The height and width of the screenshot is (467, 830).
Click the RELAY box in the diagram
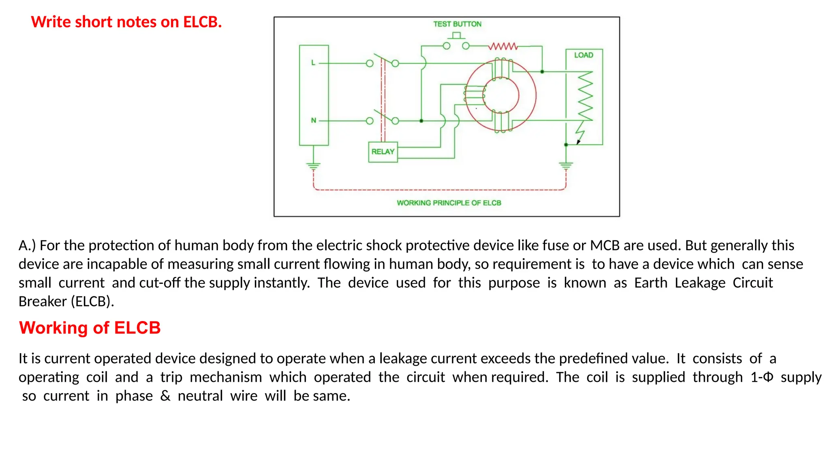[383, 152]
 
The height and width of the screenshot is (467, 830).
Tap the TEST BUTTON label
[457, 24]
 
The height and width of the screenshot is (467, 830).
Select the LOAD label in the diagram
[583, 55]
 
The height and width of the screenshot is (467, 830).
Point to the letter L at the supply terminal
[313, 63]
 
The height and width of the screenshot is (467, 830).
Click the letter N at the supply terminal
[313, 120]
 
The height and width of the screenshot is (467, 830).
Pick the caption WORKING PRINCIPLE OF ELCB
[449, 203]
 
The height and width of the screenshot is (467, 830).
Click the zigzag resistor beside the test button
[503, 46]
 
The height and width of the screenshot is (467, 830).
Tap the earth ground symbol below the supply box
[313, 166]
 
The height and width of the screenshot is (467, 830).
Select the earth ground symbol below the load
[566, 165]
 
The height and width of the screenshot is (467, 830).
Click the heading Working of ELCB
[90, 328]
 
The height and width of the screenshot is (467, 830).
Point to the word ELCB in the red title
[202, 22]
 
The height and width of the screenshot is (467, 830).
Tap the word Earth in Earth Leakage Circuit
[650, 283]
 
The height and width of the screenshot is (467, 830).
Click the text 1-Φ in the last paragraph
[762, 377]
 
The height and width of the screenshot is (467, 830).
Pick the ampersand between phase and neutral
[165, 396]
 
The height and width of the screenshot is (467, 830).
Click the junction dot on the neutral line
[421, 121]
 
